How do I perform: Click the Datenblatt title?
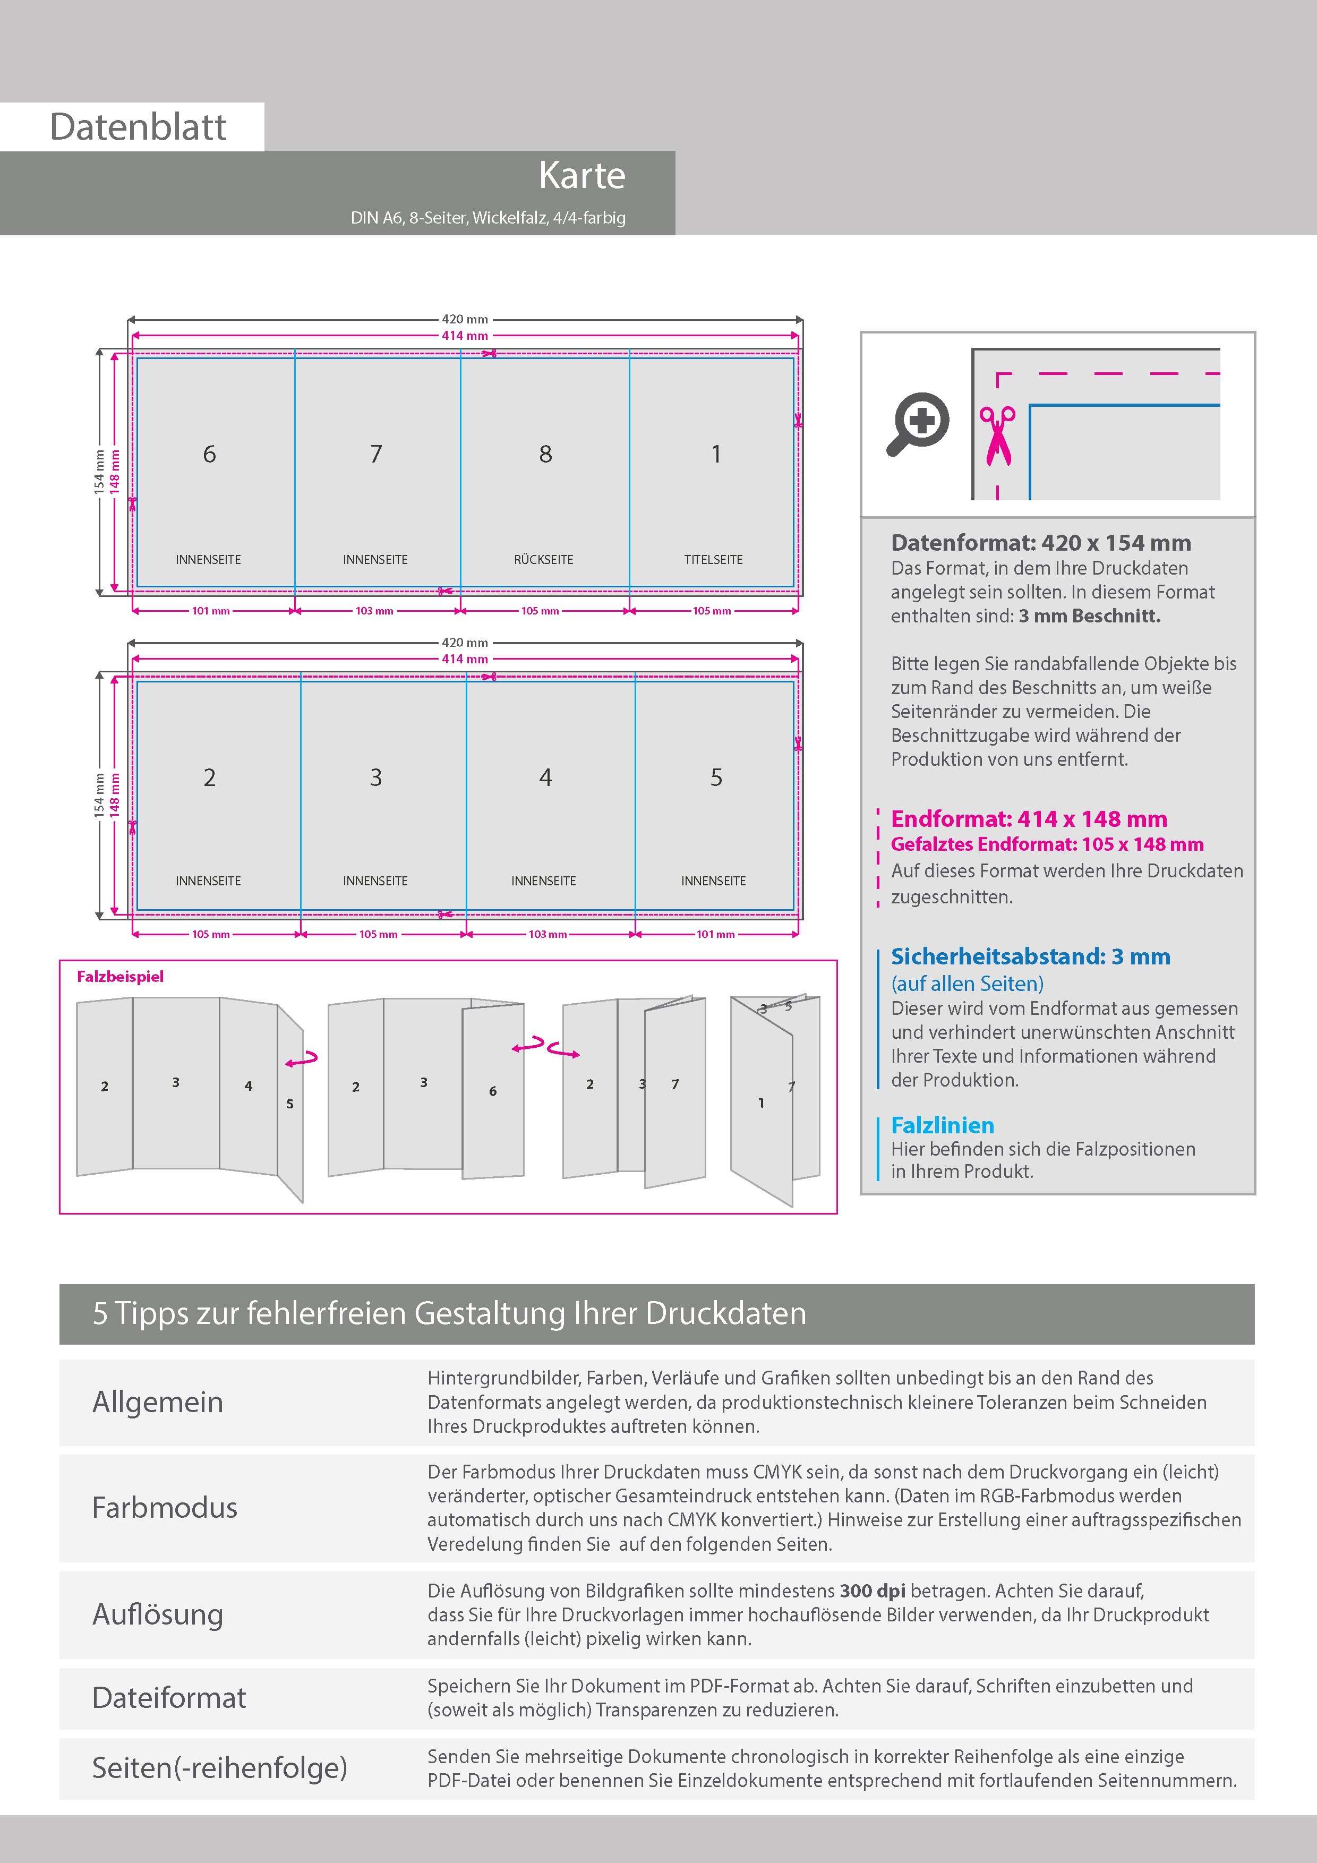[x=138, y=126]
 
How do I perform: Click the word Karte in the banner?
[x=582, y=175]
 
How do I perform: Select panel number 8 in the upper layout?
[x=545, y=455]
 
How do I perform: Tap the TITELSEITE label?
[x=713, y=560]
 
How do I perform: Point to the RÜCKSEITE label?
[x=544, y=560]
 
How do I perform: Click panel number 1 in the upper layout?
[x=716, y=455]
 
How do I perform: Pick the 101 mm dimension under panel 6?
[x=211, y=611]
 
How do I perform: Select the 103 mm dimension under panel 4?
[x=548, y=934]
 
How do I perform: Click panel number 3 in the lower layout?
[x=375, y=777]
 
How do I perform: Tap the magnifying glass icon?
[x=918, y=424]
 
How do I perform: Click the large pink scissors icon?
[x=997, y=435]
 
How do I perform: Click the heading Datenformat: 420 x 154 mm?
[x=1041, y=543]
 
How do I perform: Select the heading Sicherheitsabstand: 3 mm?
[x=1031, y=956]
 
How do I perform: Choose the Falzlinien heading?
[x=942, y=1125]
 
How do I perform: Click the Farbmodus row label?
[x=165, y=1508]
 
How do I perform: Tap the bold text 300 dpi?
[x=873, y=1591]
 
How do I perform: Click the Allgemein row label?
[x=157, y=1402]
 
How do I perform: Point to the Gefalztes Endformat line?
[x=1047, y=845]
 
